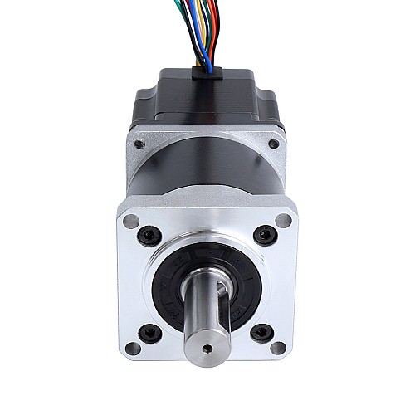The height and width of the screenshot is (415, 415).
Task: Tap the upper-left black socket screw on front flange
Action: pyautogui.click(x=150, y=233)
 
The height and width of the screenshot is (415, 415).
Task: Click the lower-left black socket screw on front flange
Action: pyautogui.click(x=151, y=334)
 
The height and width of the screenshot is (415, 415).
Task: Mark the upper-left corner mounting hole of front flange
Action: pyautogui.click(x=131, y=221)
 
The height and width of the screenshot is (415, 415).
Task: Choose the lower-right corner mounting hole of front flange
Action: pyautogui.click(x=283, y=348)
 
